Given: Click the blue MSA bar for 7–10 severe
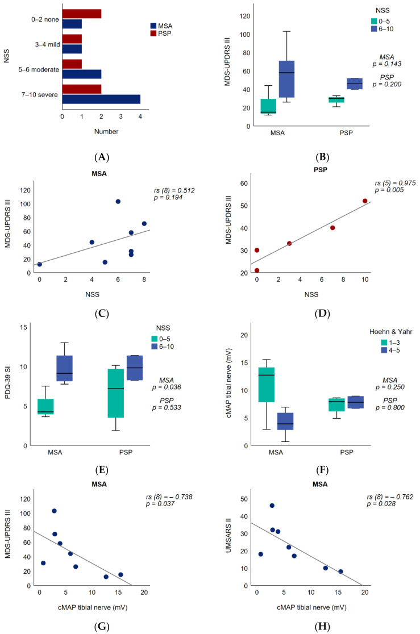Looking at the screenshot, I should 101,99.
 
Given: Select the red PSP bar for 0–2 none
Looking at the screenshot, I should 82,14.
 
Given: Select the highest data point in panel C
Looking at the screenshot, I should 118,202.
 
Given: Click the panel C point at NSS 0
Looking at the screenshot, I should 39,264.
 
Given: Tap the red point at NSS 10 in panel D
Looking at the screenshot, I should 365,201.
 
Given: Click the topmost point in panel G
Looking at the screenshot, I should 55,511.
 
